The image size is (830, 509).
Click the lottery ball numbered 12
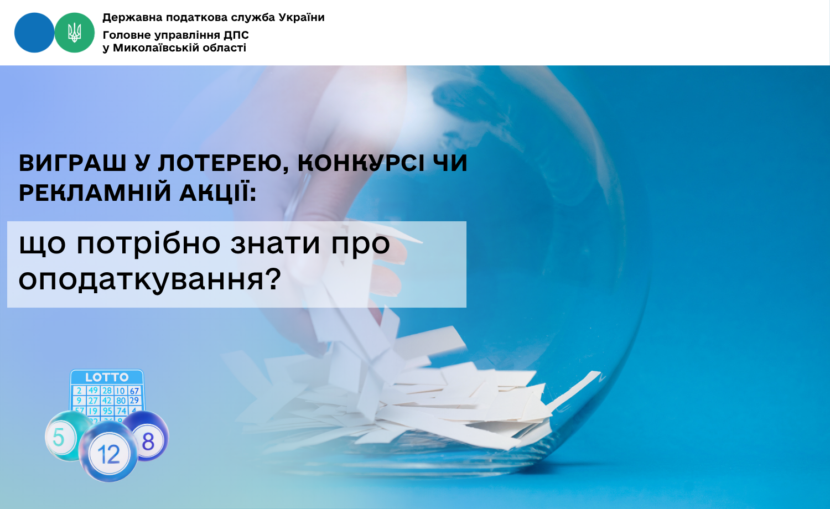click(108, 452)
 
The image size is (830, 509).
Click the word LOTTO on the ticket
click(107, 377)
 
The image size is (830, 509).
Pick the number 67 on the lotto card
click(134, 391)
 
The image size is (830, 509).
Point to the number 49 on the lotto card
click(93, 391)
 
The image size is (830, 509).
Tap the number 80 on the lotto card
click(121, 401)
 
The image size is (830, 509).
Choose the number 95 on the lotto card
click(107, 411)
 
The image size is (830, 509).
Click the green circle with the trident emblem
click(75, 33)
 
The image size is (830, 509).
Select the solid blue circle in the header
click(34, 33)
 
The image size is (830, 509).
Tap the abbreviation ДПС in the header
click(236, 35)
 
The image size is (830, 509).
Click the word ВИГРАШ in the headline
click(72, 163)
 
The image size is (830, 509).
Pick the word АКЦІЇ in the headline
click(218, 193)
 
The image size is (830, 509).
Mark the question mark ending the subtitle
click(273, 278)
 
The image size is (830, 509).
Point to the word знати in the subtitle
click(275, 245)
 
